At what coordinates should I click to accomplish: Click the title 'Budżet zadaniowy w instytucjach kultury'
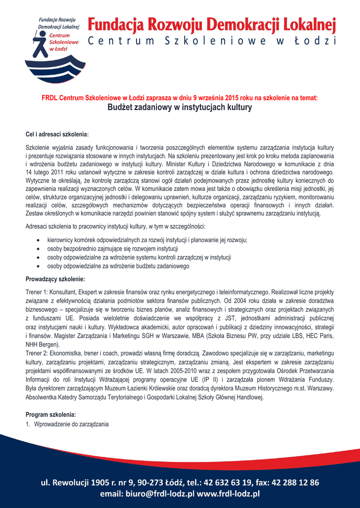[180, 108]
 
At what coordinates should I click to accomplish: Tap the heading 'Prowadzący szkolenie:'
[55, 279]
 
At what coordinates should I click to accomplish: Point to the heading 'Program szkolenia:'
[51, 414]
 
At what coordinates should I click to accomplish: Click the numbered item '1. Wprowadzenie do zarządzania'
[67, 424]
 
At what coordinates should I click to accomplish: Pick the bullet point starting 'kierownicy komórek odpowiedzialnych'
[147, 240]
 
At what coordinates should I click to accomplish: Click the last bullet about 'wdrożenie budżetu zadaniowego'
[118, 266]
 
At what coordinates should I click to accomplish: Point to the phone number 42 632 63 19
[233, 483]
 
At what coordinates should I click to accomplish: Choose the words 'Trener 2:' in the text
[36, 353]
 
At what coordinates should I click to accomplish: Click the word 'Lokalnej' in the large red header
[308, 24]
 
